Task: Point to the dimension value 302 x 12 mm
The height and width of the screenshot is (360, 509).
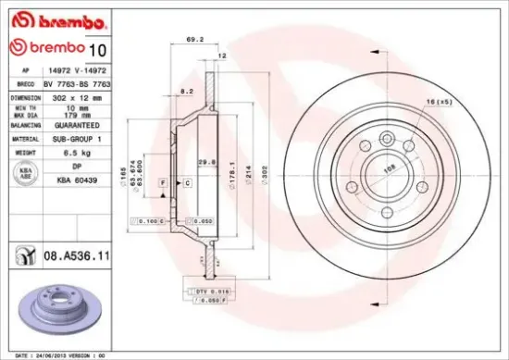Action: (x=73, y=96)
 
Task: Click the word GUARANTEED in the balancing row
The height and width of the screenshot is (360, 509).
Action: (x=77, y=124)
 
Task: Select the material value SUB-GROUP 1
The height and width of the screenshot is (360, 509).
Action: (x=76, y=138)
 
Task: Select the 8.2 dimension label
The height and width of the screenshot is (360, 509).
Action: (x=187, y=91)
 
